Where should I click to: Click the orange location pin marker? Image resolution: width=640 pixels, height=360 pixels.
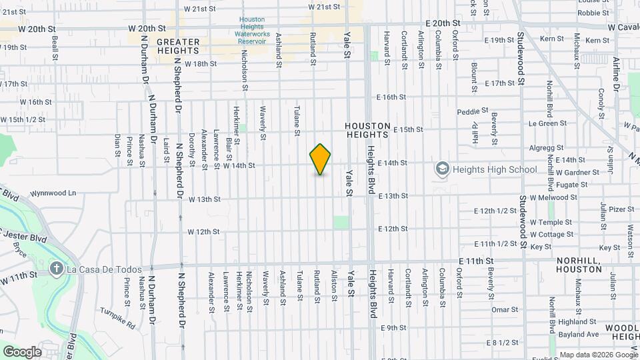coord(321,159)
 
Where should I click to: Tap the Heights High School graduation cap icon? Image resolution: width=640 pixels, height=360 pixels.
coord(441,169)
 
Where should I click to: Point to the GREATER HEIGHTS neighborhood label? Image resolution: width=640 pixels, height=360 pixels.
coord(178,46)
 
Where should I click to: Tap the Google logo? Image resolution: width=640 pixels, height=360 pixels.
coord(21,352)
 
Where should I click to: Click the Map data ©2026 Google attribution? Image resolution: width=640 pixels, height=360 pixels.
coord(598,355)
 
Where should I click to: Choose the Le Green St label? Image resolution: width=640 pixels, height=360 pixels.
coord(547,123)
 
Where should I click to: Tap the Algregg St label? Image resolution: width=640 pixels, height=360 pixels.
coord(546,148)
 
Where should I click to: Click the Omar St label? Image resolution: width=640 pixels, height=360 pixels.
coord(505,310)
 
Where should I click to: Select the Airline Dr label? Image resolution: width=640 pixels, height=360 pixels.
coord(615,73)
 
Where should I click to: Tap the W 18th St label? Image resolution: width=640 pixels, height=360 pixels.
coord(202,64)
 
